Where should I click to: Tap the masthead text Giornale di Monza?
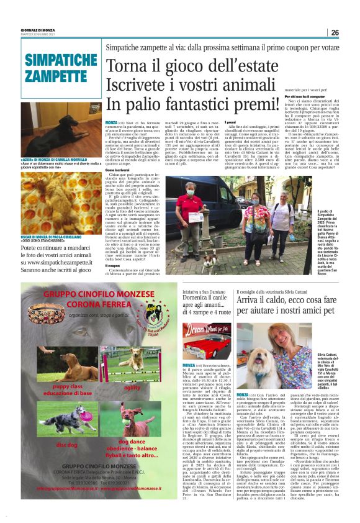(x=37, y=29)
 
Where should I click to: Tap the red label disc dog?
(x=67, y=445)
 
